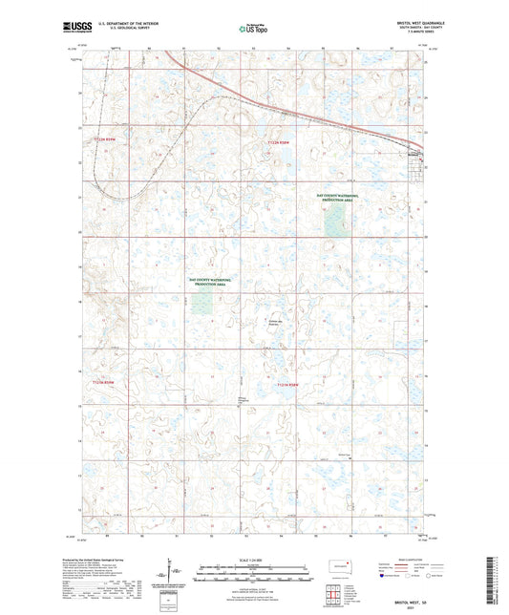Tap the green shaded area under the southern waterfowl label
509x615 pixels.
click(201, 303)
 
